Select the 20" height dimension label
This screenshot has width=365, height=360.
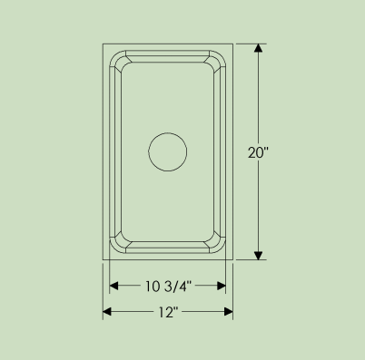click(x=258, y=152)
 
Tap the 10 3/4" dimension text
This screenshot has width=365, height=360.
click(x=169, y=287)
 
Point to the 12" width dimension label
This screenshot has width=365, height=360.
click(x=166, y=312)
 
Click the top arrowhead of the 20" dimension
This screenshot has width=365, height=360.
click(x=258, y=48)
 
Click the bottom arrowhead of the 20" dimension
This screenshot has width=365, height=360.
click(x=258, y=255)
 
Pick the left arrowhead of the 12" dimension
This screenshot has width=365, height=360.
click(x=107, y=312)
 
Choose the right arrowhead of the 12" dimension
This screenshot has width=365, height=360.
click(x=229, y=312)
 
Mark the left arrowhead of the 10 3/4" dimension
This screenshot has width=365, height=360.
click(x=113, y=286)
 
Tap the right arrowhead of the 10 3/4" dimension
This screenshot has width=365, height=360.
click(x=222, y=286)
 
